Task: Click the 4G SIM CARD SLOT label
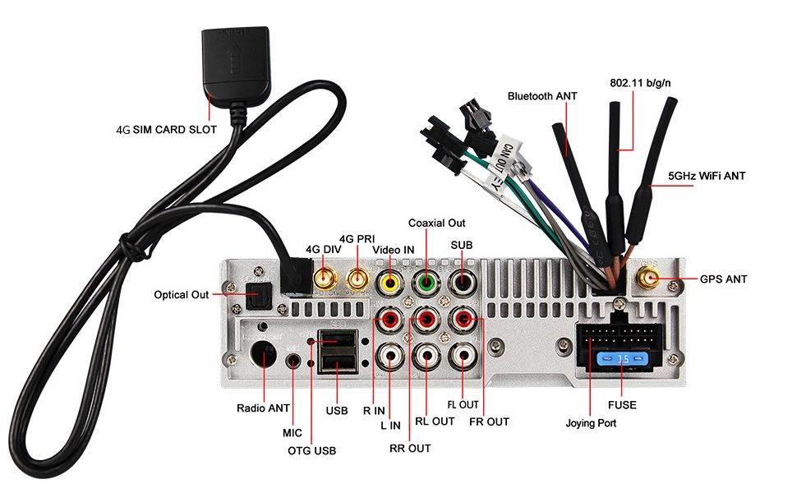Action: [x=167, y=129]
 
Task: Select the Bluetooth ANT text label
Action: [x=542, y=96]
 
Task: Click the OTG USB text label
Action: [x=311, y=450]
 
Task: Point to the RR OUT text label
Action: [x=410, y=448]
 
